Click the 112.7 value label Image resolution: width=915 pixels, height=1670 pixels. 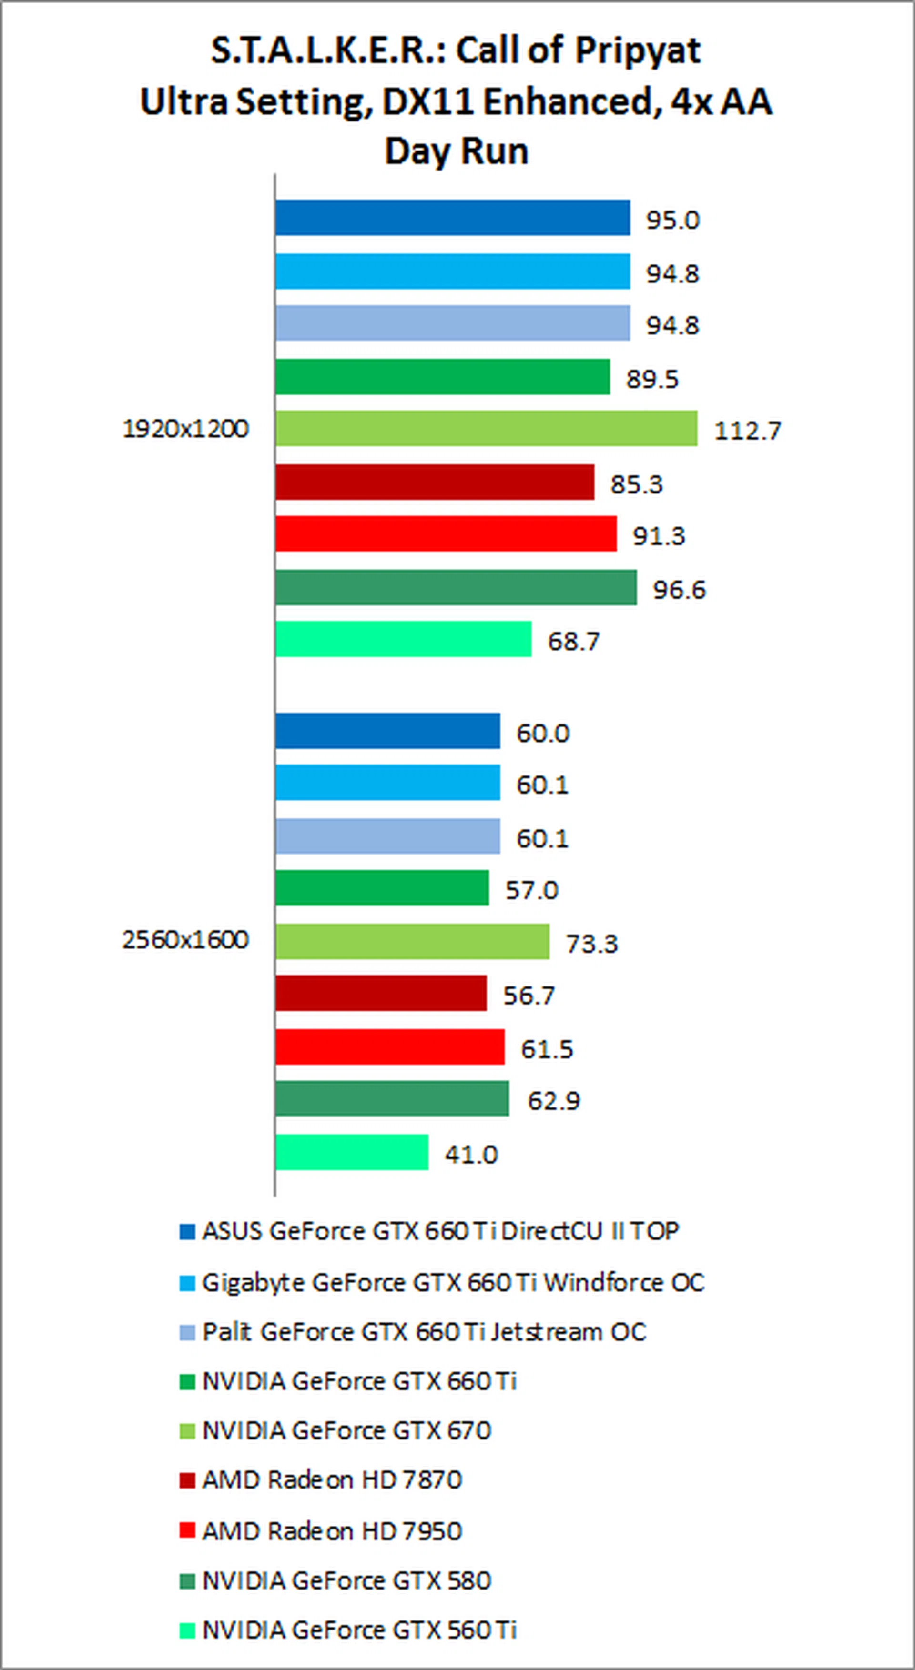coord(747,431)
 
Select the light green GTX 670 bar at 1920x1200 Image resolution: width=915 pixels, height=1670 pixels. coord(486,429)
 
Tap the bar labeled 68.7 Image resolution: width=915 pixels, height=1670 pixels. coord(403,639)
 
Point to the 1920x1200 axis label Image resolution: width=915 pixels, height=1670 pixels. coord(185,429)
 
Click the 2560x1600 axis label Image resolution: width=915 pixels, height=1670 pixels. coord(185,940)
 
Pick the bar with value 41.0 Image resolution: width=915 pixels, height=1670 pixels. coord(352,1153)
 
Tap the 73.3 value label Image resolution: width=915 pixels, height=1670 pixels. coord(591,944)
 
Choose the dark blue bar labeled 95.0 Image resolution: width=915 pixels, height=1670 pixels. coord(452,218)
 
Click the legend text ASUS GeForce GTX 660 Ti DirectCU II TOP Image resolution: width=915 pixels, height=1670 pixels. coord(440,1231)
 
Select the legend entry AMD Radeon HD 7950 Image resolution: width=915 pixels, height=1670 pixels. coord(332,1531)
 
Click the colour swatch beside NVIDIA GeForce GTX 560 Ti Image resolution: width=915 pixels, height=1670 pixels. coord(187,1630)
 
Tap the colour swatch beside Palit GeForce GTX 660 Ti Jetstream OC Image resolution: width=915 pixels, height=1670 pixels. coord(187,1333)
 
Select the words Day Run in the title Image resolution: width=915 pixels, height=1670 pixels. coord(457,151)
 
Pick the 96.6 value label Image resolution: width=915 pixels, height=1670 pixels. coord(679,590)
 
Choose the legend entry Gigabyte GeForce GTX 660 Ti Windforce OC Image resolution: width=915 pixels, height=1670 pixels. coord(453,1282)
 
